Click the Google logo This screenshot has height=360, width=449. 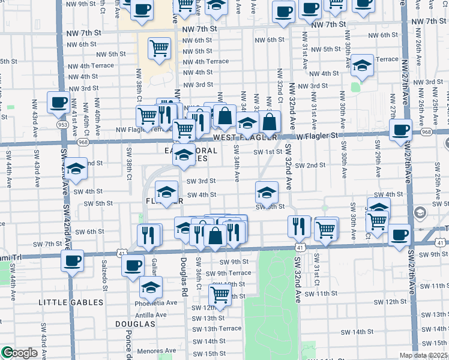coord(20,353)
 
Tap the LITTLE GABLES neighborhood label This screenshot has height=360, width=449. coord(65,302)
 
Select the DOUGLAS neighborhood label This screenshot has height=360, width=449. coord(136,324)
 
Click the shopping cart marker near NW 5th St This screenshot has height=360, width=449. coord(159,48)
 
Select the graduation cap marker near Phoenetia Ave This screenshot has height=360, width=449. coord(151,287)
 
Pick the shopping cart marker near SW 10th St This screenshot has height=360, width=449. coord(220,295)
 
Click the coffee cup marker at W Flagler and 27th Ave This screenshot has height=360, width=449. coord(400,130)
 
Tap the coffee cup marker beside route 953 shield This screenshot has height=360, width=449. coord(58,102)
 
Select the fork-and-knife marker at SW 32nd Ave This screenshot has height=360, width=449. coord(299,226)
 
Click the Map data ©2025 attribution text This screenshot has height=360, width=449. coord(424,355)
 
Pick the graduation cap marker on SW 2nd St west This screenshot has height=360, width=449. coord(76,170)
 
